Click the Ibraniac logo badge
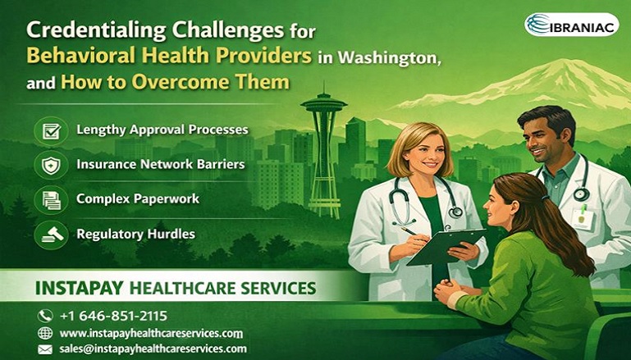coord(571,24)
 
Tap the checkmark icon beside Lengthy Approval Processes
coord(51,130)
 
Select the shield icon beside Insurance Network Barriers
coord(51,165)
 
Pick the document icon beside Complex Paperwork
coord(51,199)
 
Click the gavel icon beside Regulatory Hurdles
coord(51,235)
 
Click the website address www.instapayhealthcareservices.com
coord(151,333)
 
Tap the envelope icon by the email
coord(45,349)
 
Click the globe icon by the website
coord(45,333)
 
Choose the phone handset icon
coord(45,316)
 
